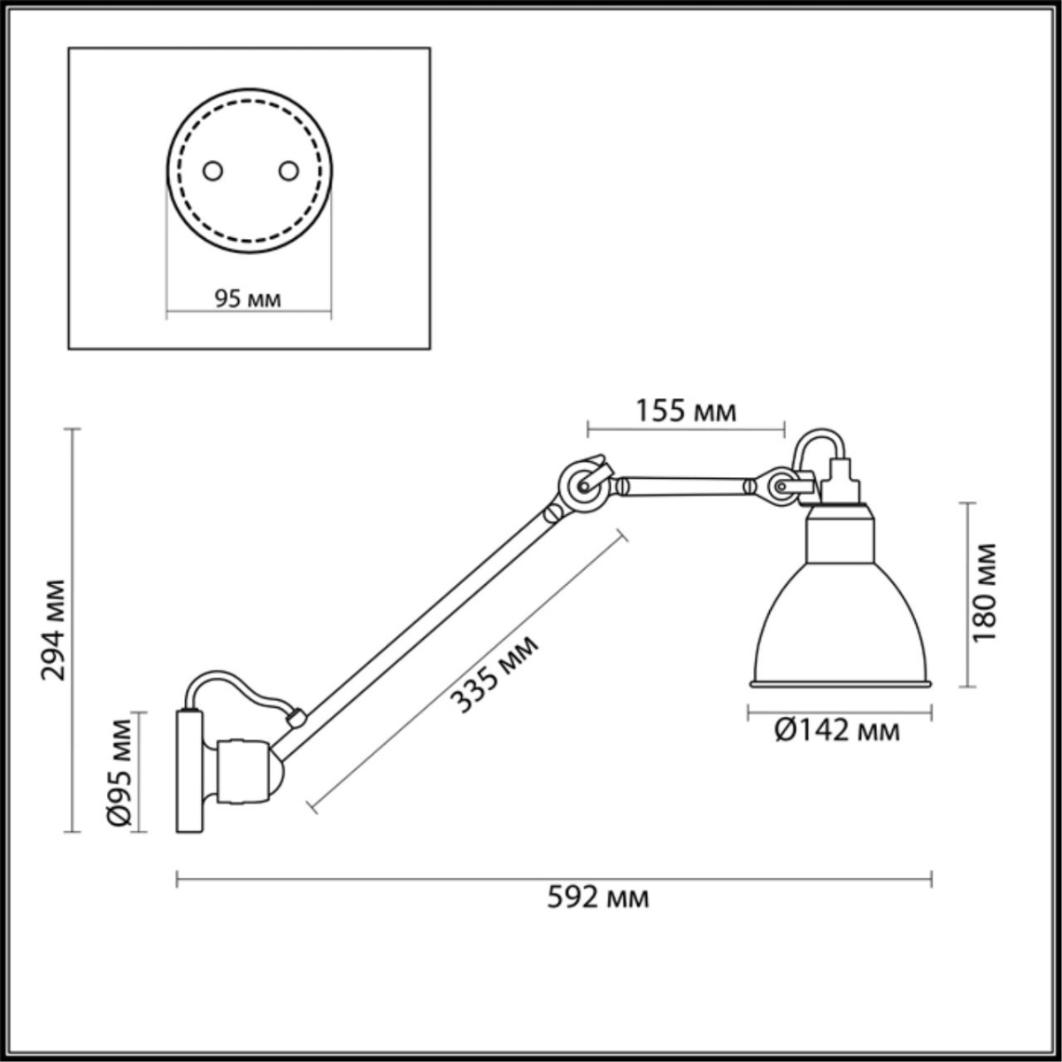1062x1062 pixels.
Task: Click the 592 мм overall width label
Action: [598, 897]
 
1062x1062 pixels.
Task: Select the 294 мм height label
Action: [55, 629]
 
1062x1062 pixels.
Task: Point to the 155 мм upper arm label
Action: [686, 411]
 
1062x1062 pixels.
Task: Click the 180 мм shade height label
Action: [984, 593]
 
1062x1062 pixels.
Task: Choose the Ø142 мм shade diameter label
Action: [837, 730]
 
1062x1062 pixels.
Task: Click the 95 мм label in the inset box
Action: [248, 299]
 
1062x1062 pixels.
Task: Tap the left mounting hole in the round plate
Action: [212, 171]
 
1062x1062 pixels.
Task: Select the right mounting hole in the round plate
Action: [288, 171]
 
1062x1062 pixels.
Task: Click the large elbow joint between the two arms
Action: [582, 486]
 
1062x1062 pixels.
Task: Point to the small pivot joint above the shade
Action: [781, 487]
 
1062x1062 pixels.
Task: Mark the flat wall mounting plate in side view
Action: [189, 770]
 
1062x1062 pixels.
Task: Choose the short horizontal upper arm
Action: [686, 485]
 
